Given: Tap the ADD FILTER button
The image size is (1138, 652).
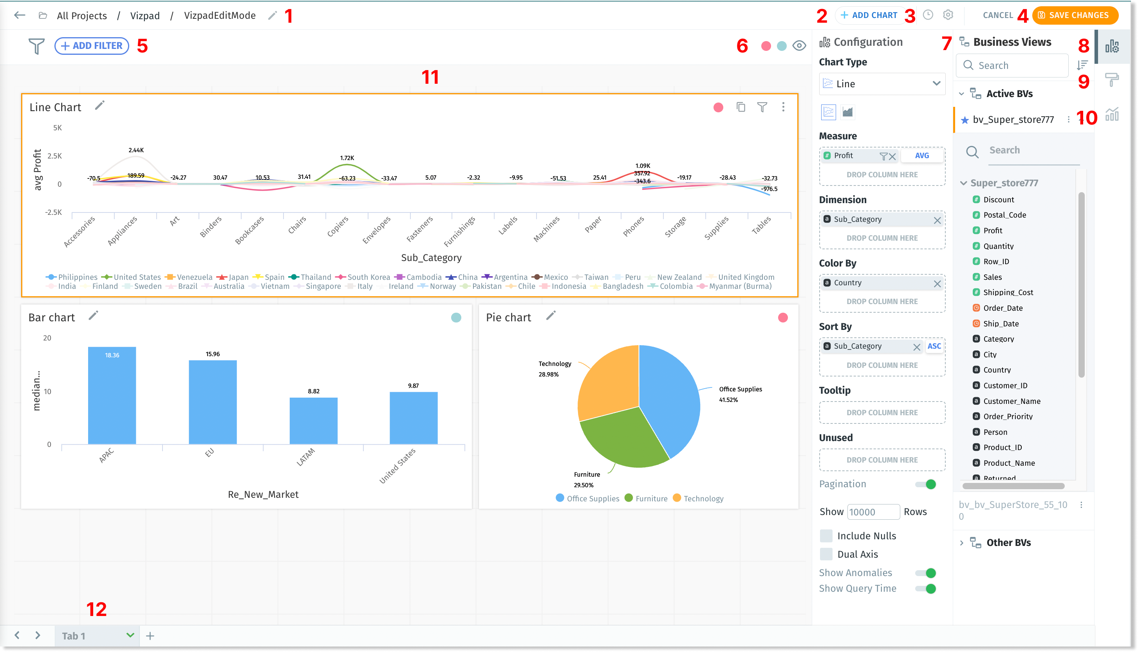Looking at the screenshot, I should pyautogui.click(x=92, y=46).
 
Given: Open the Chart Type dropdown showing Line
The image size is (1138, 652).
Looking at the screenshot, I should pyautogui.click(x=882, y=84).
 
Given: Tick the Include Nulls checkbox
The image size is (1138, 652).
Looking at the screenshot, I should pyautogui.click(x=826, y=536).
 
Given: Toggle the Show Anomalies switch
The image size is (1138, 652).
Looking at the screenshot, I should pyautogui.click(x=926, y=573).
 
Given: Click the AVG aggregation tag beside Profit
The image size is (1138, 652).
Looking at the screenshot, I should pyautogui.click(x=921, y=155).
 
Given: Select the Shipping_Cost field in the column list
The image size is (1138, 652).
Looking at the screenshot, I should pyautogui.click(x=1008, y=292).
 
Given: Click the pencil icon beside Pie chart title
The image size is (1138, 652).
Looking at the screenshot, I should pyautogui.click(x=551, y=316).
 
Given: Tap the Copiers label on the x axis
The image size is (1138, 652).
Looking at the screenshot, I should pyautogui.click(x=338, y=227).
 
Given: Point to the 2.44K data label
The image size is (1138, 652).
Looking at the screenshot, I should pyautogui.click(x=136, y=150).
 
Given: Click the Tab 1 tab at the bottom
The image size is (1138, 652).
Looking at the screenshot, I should pyautogui.click(x=74, y=636).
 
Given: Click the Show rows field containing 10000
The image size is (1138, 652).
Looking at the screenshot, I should pyautogui.click(x=873, y=512).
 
